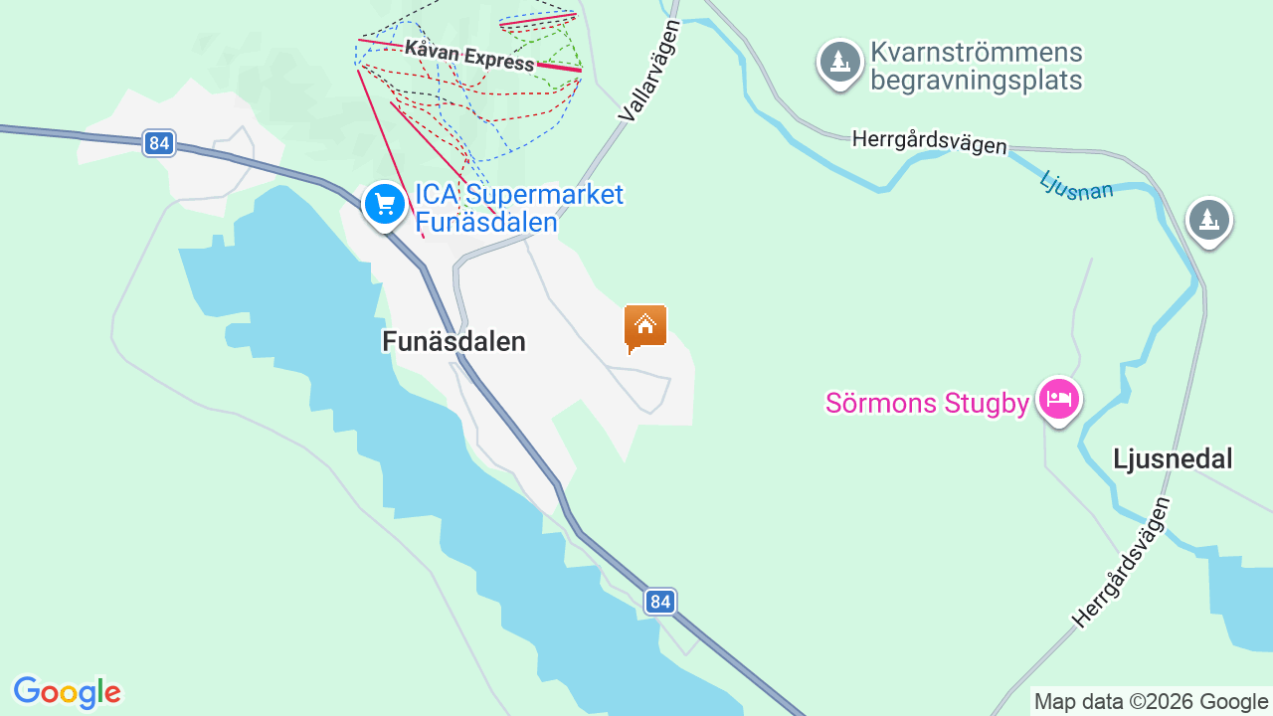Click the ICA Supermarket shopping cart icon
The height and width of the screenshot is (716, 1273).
[383, 204]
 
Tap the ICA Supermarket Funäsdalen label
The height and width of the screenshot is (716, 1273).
[518, 208]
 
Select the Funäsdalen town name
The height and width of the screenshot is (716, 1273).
[454, 342]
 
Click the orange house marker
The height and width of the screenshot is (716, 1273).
[645, 327]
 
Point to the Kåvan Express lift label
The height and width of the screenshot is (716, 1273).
[469, 56]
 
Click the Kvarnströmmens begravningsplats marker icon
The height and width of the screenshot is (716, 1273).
[840, 61]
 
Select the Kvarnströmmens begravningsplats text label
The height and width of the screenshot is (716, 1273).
[976, 66]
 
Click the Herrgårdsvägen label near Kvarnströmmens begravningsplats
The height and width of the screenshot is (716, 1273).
[929, 142]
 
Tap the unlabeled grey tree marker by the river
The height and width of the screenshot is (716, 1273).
[1208, 219]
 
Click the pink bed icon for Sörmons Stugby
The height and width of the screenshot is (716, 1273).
[1058, 400]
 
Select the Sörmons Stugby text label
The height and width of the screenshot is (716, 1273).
[927, 404]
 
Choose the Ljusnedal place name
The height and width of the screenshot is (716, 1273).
[1173, 458]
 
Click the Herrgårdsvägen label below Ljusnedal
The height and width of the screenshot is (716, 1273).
[1121, 564]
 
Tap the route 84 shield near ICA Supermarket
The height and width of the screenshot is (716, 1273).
[158, 143]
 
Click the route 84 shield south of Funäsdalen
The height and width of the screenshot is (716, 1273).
[659, 601]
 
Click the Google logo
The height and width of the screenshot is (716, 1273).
[67, 692]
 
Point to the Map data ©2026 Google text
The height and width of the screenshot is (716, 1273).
[1151, 702]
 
